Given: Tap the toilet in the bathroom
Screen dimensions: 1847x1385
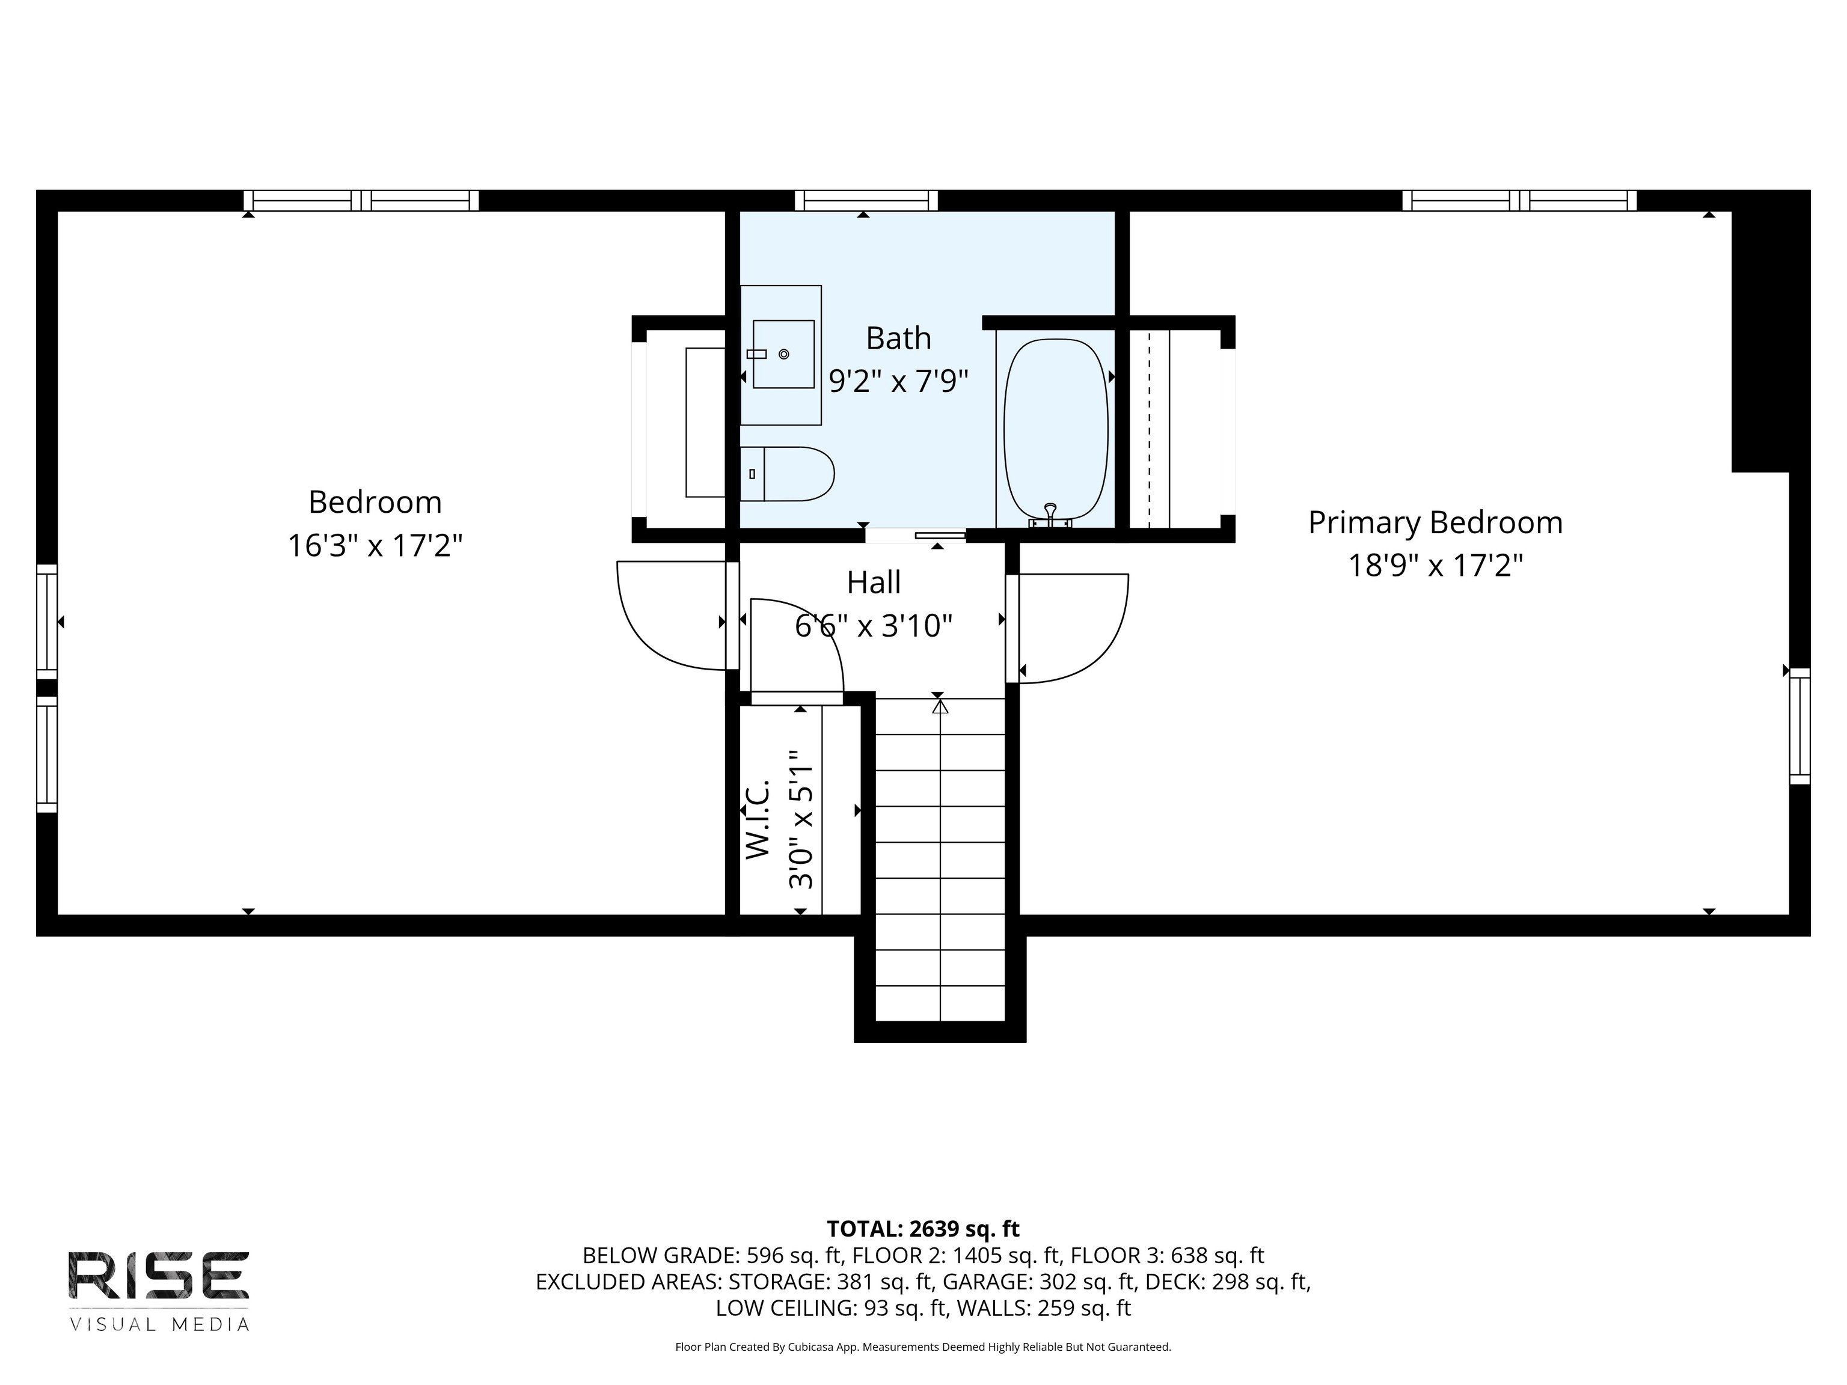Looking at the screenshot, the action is coord(788,473).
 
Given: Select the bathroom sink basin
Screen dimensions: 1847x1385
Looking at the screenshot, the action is coord(783,354).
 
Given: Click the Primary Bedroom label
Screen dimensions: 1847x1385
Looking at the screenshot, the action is coord(1435,522).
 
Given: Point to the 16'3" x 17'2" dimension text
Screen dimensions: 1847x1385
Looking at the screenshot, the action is coord(375,546).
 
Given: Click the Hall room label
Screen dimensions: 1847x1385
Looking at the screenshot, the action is coord(874,582).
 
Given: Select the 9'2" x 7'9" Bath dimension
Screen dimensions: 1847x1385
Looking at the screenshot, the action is coord(898,382).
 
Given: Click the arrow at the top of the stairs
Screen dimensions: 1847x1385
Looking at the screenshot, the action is coord(941,706).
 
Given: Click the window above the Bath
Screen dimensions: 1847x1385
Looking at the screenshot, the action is coord(866,200).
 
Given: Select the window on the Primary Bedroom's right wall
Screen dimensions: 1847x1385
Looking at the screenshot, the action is coord(1800,726).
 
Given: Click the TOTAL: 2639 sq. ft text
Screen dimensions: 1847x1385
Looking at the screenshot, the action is coord(923,1229).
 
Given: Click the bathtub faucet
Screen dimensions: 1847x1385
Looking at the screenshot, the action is coord(1050,516).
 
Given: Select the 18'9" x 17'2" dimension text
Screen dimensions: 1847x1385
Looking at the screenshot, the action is coord(1435,566).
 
